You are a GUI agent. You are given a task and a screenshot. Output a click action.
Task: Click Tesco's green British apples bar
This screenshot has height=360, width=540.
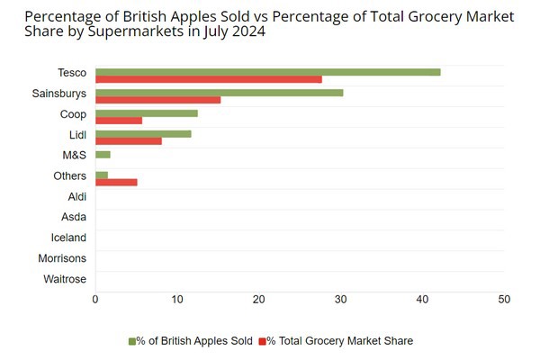tap(267, 71)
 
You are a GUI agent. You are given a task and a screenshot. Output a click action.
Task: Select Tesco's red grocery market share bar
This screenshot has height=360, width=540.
tap(208, 79)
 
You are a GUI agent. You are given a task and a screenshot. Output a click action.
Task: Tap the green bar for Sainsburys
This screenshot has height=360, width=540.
tap(219, 92)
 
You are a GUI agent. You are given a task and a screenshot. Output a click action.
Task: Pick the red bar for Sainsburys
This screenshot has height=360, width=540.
tap(157, 100)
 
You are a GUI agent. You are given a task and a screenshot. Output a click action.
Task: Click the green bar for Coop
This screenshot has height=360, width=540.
tap(146, 112)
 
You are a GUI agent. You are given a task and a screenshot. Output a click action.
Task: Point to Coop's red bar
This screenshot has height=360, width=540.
tap(118, 121)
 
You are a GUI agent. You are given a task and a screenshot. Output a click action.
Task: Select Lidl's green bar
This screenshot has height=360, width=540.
tap(143, 133)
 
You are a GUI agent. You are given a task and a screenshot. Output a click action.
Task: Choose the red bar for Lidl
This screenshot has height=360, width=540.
tap(128, 141)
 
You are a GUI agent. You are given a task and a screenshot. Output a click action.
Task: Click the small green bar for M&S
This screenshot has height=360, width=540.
tap(103, 154)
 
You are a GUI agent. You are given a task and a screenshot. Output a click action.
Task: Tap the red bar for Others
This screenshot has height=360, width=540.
tap(116, 182)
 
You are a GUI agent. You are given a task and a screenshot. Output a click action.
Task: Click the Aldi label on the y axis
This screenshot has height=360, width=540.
tap(76, 196)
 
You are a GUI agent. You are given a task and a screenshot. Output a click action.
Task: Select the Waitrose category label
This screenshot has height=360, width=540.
tap(65, 279)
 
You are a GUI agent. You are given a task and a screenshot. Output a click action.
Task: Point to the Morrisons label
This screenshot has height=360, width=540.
tap(62, 258)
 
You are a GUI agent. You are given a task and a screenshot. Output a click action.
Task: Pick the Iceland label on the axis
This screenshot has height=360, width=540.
tap(68, 238)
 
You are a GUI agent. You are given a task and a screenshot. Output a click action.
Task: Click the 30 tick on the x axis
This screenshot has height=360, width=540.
tap(340, 300)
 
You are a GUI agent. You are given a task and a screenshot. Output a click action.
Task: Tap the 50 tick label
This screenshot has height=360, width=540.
tap(504, 300)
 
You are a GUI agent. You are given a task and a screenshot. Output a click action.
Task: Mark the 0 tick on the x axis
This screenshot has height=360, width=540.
tap(95, 300)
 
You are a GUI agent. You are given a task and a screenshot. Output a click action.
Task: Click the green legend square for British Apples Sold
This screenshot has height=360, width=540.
tap(131, 340)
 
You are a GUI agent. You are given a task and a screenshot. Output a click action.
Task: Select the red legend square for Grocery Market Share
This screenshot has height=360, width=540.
tap(262, 340)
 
